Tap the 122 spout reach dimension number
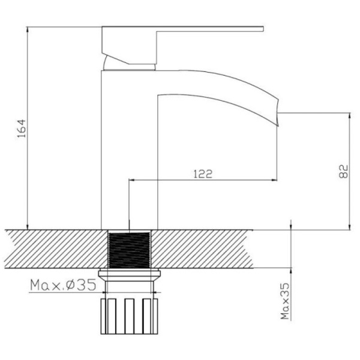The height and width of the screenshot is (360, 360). click(x=203, y=173)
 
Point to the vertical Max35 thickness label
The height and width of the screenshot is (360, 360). click(x=286, y=303)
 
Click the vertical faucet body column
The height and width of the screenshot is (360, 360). click(x=128, y=150)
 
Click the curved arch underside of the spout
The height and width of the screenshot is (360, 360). click(x=216, y=96)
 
